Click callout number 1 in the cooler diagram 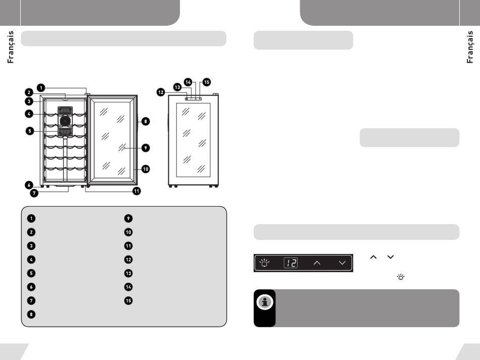[x=41, y=88]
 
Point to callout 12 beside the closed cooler [x=161, y=92]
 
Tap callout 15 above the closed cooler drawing [x=207, y=82]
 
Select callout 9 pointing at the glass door [x=146, y=148]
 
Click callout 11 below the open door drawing [x=136, y=191]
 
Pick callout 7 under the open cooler [x=34, y=193]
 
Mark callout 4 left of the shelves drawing [x=29, y=114]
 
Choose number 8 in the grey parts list [x=31, y=314]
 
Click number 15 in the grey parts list [x=128, y=300]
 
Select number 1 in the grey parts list [x=31, y=219]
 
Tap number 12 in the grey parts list [x=128, y=260]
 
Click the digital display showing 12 [x=291, y=263]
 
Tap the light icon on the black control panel [x=264, y=263]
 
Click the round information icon [x=265, y=302]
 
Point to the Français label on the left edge [x=11, y=47]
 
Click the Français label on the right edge [x=469, y=47]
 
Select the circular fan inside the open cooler [x=65, y=121]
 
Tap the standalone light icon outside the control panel [x=401, y=277]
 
